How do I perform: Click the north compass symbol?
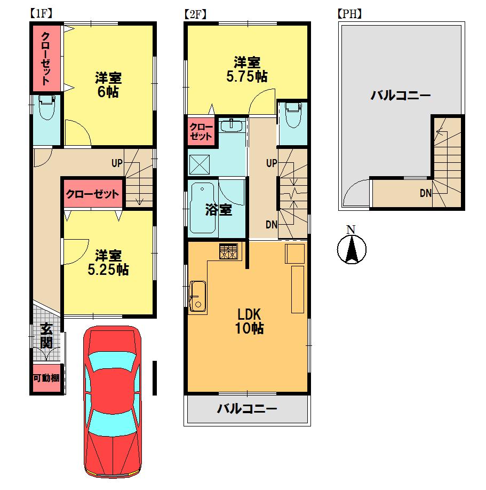pyautogui.click(x=351, y=248)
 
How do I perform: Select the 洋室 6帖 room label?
pyautogui.click(x=108, y=85)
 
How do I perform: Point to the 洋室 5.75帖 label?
pyautogui.click(x=246, y=69)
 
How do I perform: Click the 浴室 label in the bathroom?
pyautogui.click(x=219, y=210)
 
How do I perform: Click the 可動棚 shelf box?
pyautogui.click(x=46, y=379)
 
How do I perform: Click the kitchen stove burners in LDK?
pyautogui.click(x=229, y=251)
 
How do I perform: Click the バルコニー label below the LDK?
pyautogui.click(x=246, y=409)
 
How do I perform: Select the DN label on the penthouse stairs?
pyautogui.click(x=425, y=194)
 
